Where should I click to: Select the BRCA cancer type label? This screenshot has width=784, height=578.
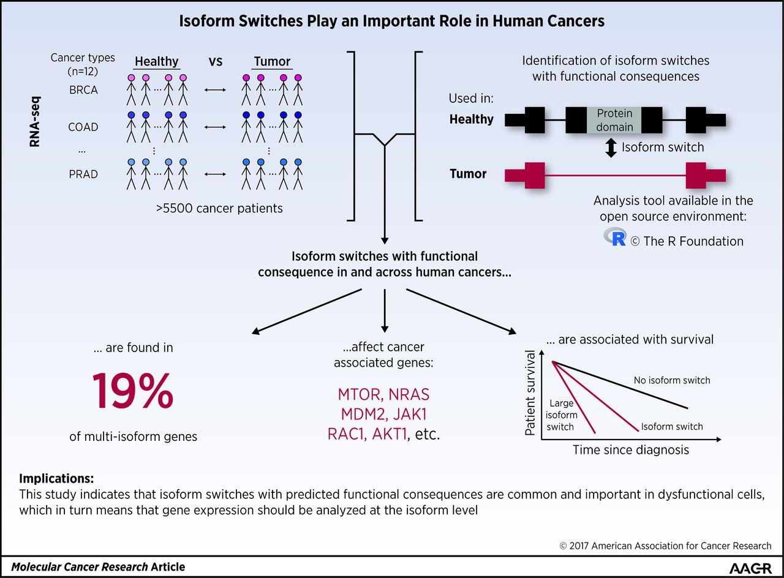[83, 89]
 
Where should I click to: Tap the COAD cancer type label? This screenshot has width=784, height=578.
[83, 127]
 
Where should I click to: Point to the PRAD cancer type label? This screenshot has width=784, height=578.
[83, 174]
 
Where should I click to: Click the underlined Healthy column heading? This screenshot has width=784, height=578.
[156, 61]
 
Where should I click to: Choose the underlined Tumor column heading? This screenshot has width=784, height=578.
[272, 61]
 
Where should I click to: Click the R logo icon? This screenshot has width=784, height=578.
[614, 237]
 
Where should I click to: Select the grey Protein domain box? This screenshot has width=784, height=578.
[614, 120]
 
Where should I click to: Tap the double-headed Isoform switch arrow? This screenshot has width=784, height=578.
[610, 148]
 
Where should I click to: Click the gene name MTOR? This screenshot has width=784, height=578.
[361, 394]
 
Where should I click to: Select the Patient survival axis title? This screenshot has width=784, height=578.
[531, 392]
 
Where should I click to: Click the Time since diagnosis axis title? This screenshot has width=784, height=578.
[630, 450]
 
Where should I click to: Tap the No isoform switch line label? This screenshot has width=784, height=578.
[672, 380]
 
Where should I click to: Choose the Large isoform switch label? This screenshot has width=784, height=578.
[562, 415]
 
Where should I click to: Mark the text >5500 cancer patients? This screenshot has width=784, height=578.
[219, 208]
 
